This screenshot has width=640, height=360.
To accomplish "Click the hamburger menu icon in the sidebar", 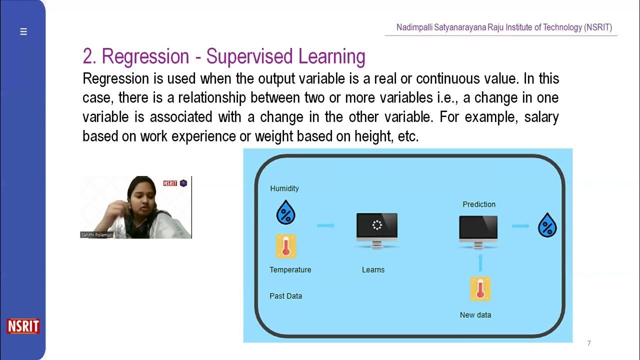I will pyautogui.click(x=23, y=31).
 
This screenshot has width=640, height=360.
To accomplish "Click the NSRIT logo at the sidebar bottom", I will pyautogui.click(x=23, y=326).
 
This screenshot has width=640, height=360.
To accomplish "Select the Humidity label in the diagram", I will pyautogui.click(x=284, y=188).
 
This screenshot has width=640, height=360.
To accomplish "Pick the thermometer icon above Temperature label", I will pyautogui.click(x=286, y=246).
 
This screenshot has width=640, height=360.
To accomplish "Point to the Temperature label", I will pyautogui.click(x=290, y=269).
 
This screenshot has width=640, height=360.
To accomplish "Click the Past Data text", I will pyautogui.click(x=285, y=296).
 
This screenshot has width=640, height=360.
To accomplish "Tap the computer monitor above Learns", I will pyautogui.click(x=377, y=229).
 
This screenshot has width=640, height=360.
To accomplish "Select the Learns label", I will pyautogui.click(x=373, y=269).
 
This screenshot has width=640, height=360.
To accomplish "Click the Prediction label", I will pyautogui.click(x=479, y=204).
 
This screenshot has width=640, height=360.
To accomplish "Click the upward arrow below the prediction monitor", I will pyautogui.click(x=480, y=262).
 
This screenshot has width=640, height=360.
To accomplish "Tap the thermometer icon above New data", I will pyautogui.click(x=480, y=289).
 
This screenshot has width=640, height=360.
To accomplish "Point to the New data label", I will pyautogui.click(x=475, y=315).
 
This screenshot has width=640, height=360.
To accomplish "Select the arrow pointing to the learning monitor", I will pyautogui.click(x=325, y=225).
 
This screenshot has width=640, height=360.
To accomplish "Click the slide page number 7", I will pyautogui.click(x=589, y=343).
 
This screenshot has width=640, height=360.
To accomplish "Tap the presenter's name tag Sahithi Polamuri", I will pyautogui.click(x=97, y=234).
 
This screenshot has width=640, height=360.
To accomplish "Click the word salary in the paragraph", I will pyautogui.click(x=541, y=117).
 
